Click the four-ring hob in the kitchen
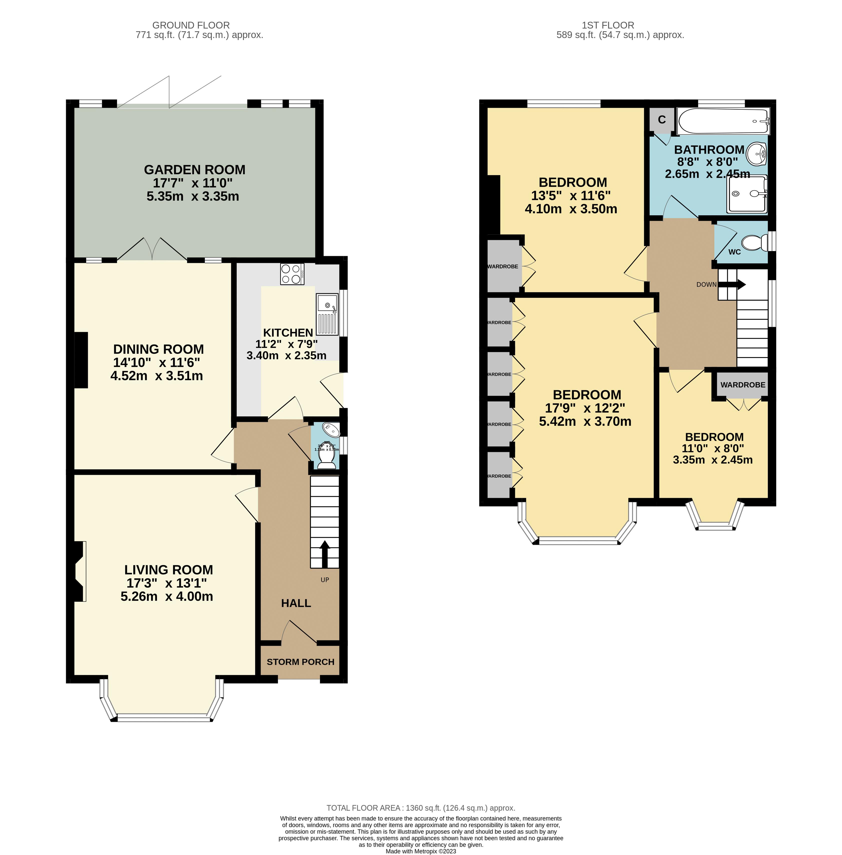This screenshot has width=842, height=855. pyautogui.click(x=292, y=274)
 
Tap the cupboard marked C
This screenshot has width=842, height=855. pyautogui.click(x=662, y=120)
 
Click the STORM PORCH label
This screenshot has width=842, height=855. pyautogui.click(x=300, y=662)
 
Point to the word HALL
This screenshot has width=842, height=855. pyautogui.click(x=296, y=603)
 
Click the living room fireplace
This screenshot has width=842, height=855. pyautogui.click(x=79, y=571)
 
